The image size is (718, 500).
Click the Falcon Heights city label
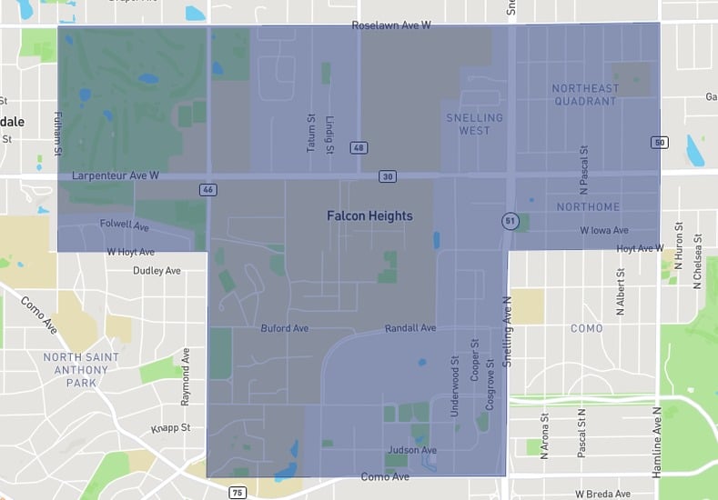click(369, 216)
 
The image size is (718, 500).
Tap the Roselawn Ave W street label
click(391, 25)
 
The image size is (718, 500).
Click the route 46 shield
click(207, 189)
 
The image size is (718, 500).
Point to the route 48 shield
click(359, 147)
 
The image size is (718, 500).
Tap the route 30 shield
click(388, 176)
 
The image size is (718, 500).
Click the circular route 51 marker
click(510, 220)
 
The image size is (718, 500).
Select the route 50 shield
click(660, 142)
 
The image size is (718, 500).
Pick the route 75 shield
click(238, 493)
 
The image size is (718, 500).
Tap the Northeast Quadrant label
click(585, 95)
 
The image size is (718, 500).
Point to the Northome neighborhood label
click(587, 207)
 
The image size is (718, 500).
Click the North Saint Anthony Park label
click(81, 370)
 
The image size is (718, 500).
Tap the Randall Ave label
click(410, 328)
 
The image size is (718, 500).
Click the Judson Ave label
click(412, 450)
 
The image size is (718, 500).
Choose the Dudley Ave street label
click(157, 271)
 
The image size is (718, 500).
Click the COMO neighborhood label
click(586, 328)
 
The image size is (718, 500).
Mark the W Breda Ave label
click(602, 494)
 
